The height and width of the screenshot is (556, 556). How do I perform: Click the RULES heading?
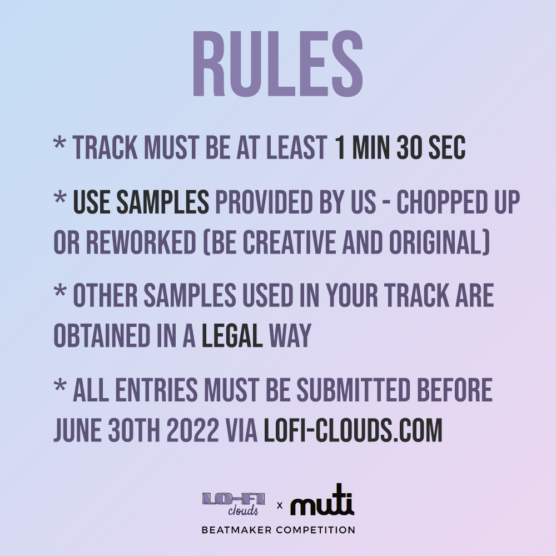(277, 63)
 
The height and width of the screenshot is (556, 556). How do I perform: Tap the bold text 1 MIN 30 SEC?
(400, 148)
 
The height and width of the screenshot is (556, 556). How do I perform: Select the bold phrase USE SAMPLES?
(141, 203)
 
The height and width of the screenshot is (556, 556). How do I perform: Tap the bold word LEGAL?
(232, 335)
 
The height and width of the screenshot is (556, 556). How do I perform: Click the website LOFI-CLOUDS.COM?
(353, 430)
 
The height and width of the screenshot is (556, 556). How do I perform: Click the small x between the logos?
(280, 505)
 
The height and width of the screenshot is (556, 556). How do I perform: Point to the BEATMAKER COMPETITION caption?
(278, 530)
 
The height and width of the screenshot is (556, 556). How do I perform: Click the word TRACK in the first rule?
(106, 148)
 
